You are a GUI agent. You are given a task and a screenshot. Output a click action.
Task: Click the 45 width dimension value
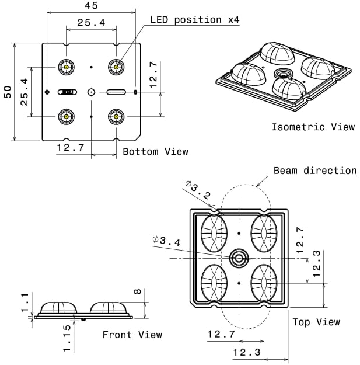pyautogui.click(x=92, y=6)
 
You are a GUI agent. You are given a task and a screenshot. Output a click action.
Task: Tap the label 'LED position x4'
pyautogui.click(x=195, y=20)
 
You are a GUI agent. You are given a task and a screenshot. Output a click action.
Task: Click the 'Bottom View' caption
pyautogui.click(x=155, y=152)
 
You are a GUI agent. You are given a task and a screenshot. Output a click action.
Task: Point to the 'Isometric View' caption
pyautogui.click(x=313, y=127)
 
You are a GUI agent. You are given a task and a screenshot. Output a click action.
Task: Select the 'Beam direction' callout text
pyautogui.click(x=315, y=171)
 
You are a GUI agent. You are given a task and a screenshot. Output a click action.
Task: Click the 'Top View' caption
pyautogui.click(x=316, y=322)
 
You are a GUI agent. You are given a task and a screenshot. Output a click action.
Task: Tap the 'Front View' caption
pyautogui.click(x=132, y=335)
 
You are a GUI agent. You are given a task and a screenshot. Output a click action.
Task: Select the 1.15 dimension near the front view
pyautogui.click(x=67, y=338)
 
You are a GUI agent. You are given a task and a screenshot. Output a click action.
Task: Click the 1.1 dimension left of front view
pyautogui.click(x=24, y=303)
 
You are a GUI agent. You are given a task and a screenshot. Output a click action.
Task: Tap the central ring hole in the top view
pyautogui.click(x=239, y=258)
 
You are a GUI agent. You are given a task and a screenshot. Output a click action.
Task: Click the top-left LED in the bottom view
pyautogui.click(x=67, y=67)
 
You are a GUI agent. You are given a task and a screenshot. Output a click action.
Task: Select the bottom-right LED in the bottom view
pyautogui.click(x=117, y=117)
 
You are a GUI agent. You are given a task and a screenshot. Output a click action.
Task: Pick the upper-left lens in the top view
pyautogui.click(x=214, y=234)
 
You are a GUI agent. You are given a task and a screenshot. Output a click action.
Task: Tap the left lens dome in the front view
pyautogui.click(x=58, y=308)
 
